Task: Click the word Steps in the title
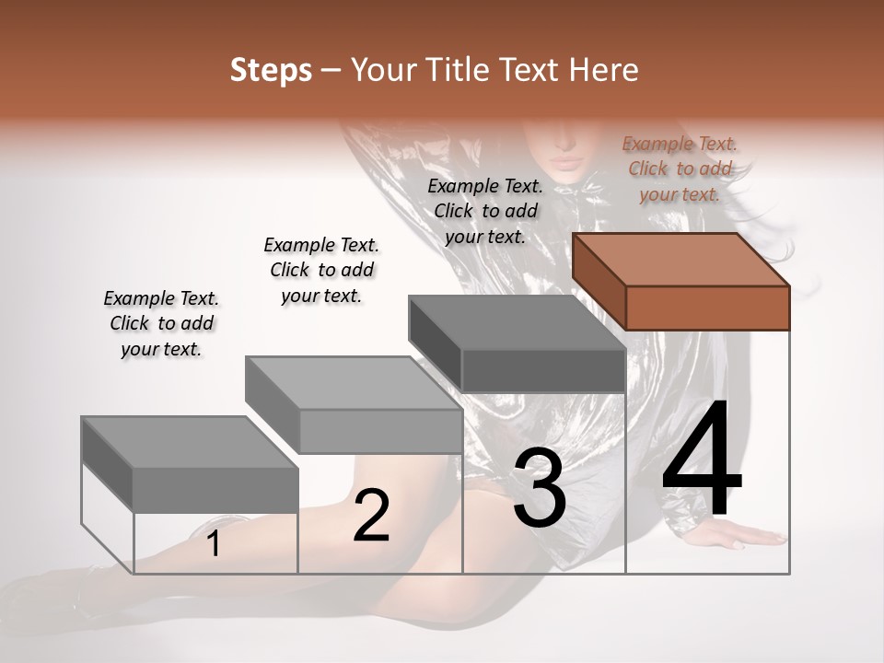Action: pyautogui.click(x=271, y=70)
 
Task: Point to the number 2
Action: pyautogui.click(x=371, y=515)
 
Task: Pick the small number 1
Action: pyautogui.click(x=214, y=544)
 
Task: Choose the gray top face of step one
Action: pyautogui.click(x=190, y=443)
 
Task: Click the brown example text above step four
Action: pyautogui.click(x=680, y=169)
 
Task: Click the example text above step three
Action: pyautogui.click(x=485, y=211)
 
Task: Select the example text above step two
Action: pyautogui.click(x=321, y=270)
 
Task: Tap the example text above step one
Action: pyautogui.click(x=161, y=323)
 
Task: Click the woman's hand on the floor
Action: pyautogui.click(x=746, y=535)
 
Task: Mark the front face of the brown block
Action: pyautogui.click(x=707, y=308)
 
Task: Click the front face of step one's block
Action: pyautogui.click(x=215, y=490)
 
